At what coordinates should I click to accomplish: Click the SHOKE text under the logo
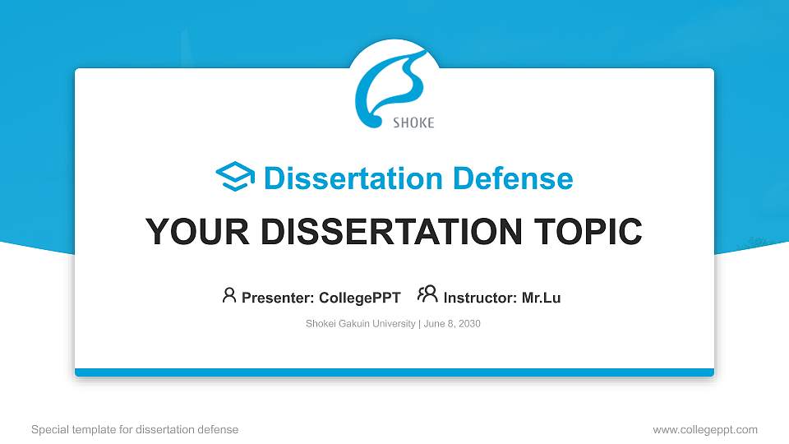click(413, 123)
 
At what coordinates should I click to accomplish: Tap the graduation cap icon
click(235, 177)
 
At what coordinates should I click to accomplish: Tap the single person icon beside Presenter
click(229, 295)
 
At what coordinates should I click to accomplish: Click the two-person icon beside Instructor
click(427, 295)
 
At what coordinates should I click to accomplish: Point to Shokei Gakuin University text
click(360, 324)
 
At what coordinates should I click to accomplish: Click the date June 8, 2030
click(452, 324)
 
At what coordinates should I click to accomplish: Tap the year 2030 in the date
click(469, 324)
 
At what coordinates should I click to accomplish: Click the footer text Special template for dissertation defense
click(135, 429)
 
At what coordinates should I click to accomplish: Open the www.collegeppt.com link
click(705, 429)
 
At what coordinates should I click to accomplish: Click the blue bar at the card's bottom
click(394, 372)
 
